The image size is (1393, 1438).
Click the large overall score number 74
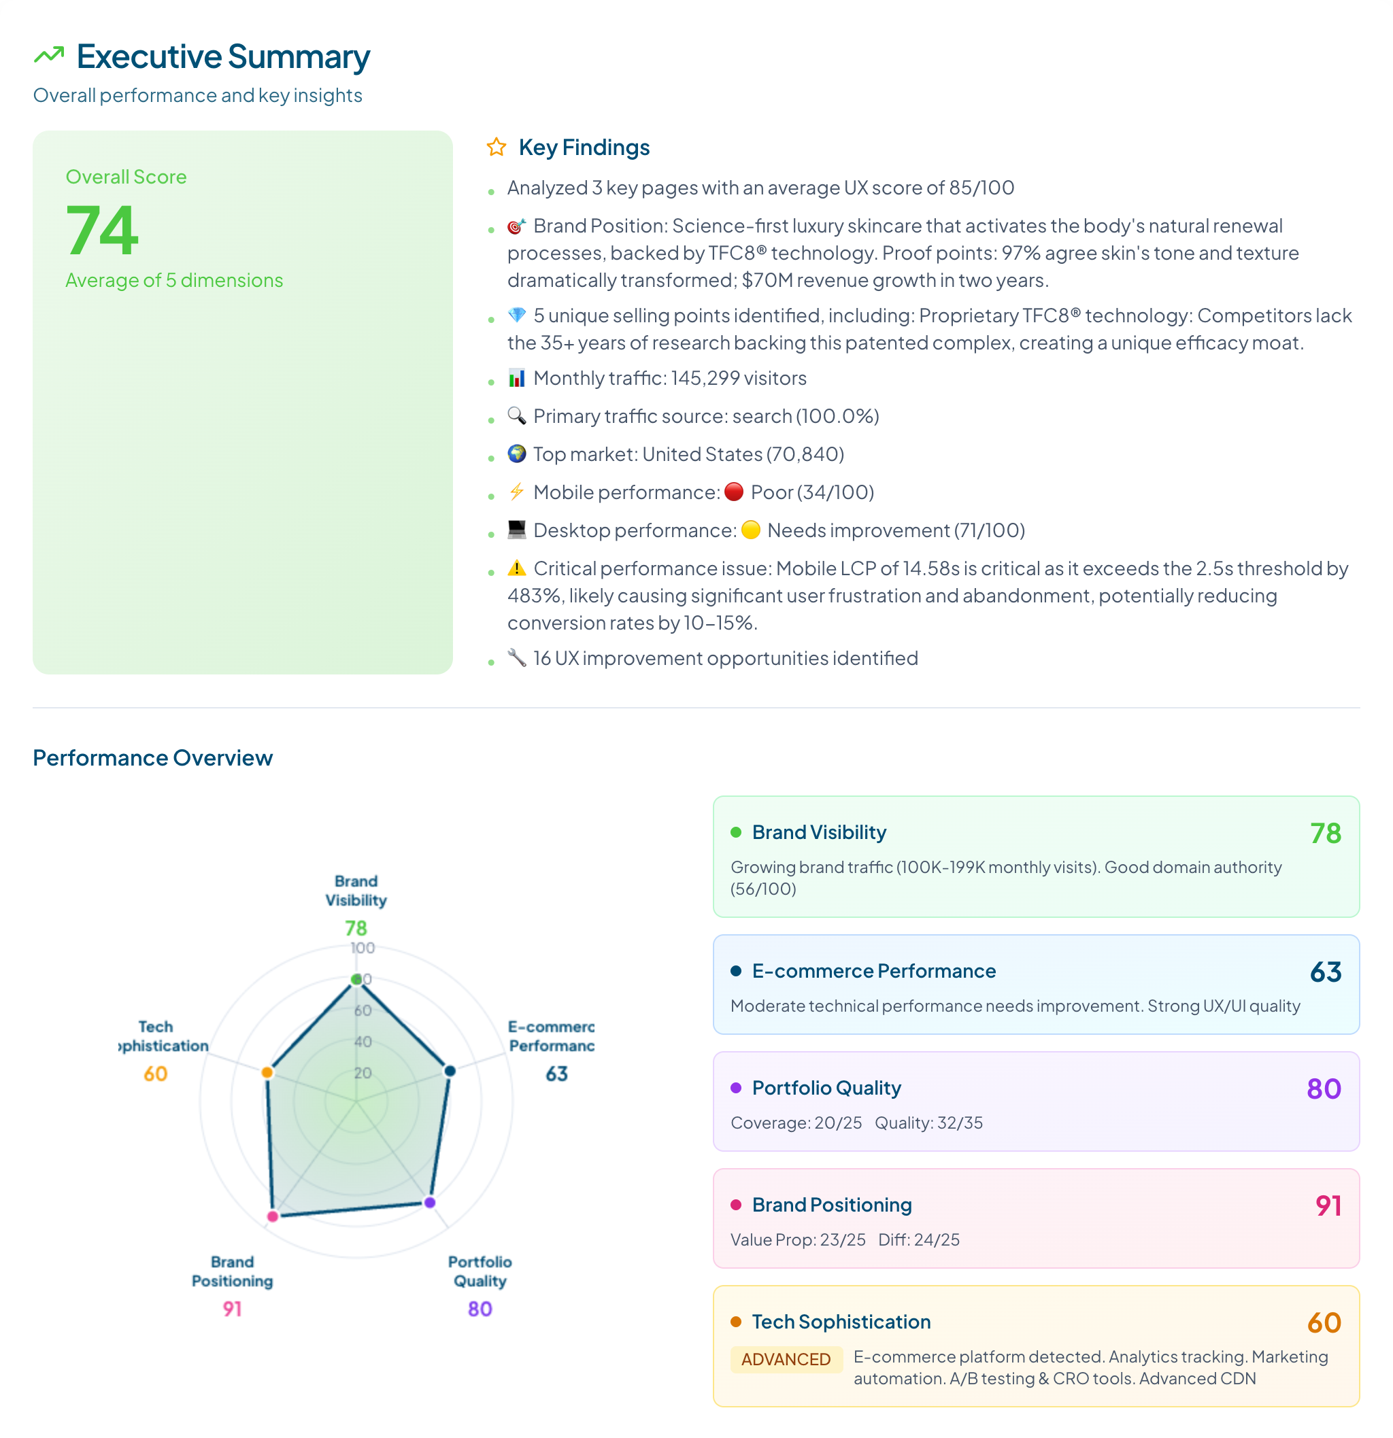102,231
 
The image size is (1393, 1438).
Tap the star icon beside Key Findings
496,148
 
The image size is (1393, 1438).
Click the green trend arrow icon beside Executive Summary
49,56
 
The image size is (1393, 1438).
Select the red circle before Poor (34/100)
733,492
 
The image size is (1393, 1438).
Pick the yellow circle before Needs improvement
750,530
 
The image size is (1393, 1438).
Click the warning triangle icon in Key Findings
517,568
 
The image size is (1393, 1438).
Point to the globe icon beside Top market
517,454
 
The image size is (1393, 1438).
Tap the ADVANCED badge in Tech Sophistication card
786,1358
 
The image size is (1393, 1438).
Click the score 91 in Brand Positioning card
1328,1205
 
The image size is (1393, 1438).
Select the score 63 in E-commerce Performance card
1326,972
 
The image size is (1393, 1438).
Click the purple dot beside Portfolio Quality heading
735,1088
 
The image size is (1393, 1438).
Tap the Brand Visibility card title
819,832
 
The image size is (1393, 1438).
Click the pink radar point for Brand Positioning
273,1216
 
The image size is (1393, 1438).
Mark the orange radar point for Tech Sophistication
268,1072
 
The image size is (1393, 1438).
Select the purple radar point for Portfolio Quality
430,1203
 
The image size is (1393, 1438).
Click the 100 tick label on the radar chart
363,948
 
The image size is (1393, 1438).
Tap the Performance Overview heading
152,757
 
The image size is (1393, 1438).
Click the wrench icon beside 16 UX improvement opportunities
517,658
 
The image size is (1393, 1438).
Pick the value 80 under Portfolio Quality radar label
480,1309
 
